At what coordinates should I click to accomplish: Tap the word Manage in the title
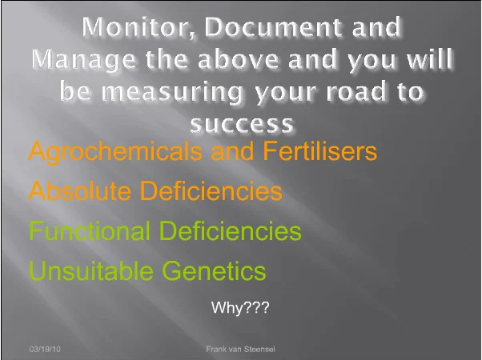pyautogui.click(x=83, y=60)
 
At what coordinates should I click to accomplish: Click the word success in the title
pyautogui.click(x=242, y=124)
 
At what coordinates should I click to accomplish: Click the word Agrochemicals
pyautogui.click(x=115, y=152)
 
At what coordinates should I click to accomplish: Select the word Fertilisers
pyautogui.click(x=320, y=150)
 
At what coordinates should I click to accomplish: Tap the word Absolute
pyautogui.click(x=80, y=190)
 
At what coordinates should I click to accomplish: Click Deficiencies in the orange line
pyautogui.click(x=211, y=190)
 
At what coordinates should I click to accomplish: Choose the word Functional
pyautogui.click(x=90, y=230)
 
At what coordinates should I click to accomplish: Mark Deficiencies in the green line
pyautogui.click(x=231, y=230)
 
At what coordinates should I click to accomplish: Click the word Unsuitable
pyautogui.click(x=91, y=270)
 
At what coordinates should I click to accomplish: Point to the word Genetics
pyautogui.click(x=214, y=270)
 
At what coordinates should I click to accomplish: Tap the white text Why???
pyautogui.click(x=240, y=307)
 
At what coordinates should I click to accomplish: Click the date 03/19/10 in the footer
pyautogui.click(x=45, y=349)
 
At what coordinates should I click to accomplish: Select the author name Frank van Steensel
pyautogui.click(x=240, y=349)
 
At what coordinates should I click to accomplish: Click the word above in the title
pyautogui.click(x=239, y=59)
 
